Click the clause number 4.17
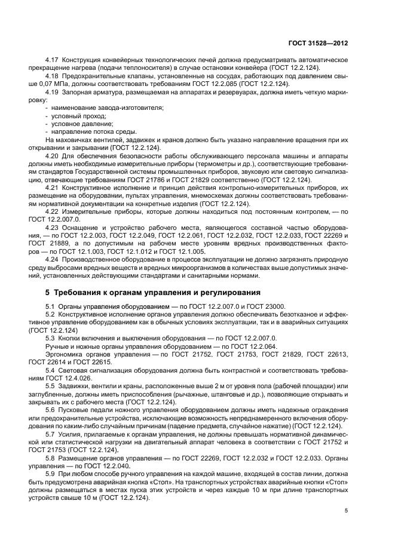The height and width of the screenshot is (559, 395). tap(53, 61)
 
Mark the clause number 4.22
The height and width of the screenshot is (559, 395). tap(53, 212)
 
